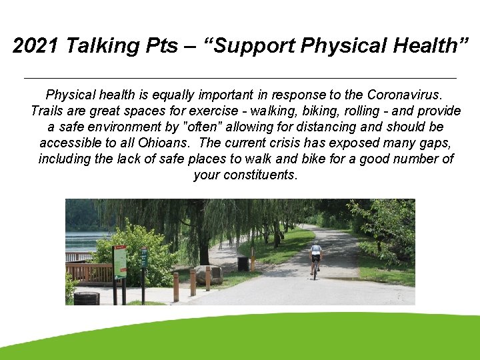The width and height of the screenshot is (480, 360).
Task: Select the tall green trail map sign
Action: coord(120,262)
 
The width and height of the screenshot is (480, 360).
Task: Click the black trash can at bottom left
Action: coord(86,298)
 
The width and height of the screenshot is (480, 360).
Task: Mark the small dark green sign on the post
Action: coord(144,257)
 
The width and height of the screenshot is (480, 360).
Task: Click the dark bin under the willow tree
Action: coord(243,263)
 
